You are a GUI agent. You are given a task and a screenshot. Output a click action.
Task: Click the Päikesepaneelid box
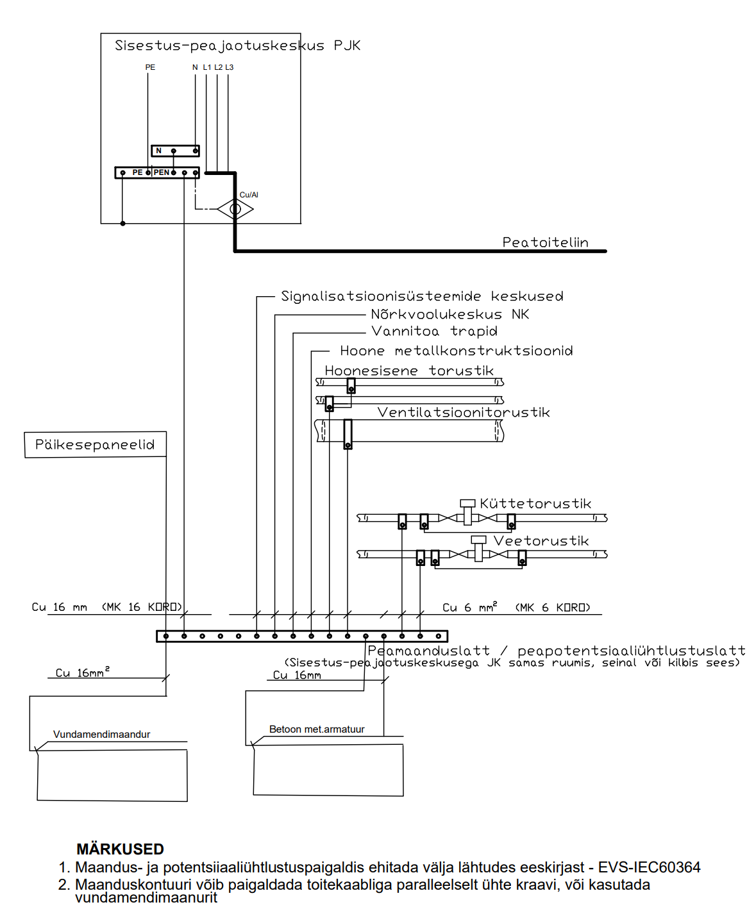pos(95,444)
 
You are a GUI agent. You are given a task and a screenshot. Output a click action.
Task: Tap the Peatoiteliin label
pos(545,242)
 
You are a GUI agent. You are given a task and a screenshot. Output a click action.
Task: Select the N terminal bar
pos(175,151)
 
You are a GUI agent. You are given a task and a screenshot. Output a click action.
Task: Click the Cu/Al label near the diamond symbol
pos(249,195)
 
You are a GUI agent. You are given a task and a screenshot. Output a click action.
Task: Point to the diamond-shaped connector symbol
pos(235,209)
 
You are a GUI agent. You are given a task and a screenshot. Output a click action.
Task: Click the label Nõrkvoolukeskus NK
pos(449,314)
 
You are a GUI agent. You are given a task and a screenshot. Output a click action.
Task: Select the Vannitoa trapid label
pos(434,331)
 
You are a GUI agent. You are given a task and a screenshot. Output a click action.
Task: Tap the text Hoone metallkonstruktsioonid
pos(456,351)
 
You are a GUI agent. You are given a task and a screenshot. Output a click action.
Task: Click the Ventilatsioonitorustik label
pos(463,412)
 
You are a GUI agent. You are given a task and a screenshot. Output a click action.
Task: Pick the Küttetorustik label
pos(535,504)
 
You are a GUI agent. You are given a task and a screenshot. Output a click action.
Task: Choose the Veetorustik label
pos(541,541)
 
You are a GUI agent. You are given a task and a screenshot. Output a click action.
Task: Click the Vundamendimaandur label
pos(101,735)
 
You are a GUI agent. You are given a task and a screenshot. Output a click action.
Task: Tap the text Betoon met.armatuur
pos(317,729)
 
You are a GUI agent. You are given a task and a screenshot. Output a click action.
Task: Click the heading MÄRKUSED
pos(120,849)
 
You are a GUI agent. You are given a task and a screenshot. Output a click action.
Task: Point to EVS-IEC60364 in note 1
pos(649,867)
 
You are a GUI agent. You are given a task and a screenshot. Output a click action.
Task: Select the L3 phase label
pos(230,67)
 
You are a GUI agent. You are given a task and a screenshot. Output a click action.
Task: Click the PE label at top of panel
pos(150,67)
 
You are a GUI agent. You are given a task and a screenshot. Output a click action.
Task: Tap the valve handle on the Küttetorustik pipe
pos(467,503)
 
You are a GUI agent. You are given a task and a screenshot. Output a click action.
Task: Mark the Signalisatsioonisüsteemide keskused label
pos(422,296)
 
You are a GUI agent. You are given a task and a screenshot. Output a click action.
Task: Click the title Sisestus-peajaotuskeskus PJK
pos(237,46)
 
